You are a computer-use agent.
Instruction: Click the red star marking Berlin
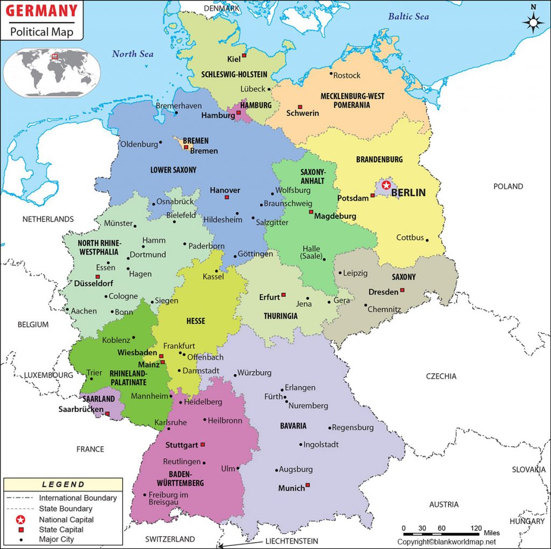(386, 185)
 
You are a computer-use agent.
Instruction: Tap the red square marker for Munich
(308, 486)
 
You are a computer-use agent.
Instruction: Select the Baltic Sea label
(408, 17)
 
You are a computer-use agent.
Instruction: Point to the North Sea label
(132, 54)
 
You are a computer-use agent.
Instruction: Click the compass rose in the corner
(533, 22)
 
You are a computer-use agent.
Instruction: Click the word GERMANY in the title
(41, 11)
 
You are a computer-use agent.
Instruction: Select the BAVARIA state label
(293, 426)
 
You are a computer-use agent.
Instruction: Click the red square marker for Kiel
(244, 55)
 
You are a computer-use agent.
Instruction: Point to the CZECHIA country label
(441, 376)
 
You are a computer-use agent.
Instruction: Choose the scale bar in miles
(442, 534)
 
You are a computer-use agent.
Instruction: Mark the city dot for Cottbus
(427, 240)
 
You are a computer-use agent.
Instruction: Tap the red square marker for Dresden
(402, 290)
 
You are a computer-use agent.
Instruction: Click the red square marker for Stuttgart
(203, 445)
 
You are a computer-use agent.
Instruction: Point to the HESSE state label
(195, 321)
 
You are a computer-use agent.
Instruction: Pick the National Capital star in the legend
(20, 519)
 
